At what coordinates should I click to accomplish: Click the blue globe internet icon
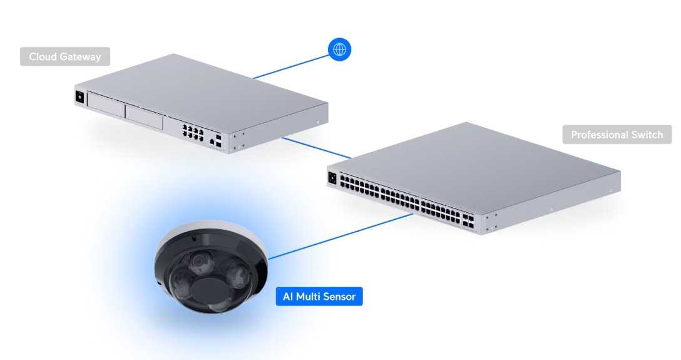[340, 49]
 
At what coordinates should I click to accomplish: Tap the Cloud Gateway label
[64, 57]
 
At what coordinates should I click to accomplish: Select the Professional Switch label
[617, 135]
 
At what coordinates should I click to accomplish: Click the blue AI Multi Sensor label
[319, 296]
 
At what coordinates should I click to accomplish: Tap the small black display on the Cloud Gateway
[79, 97]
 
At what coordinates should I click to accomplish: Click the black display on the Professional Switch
[332, 178]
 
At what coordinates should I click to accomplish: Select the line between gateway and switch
[316, 148]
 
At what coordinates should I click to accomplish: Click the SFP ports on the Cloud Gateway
[217, 139]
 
